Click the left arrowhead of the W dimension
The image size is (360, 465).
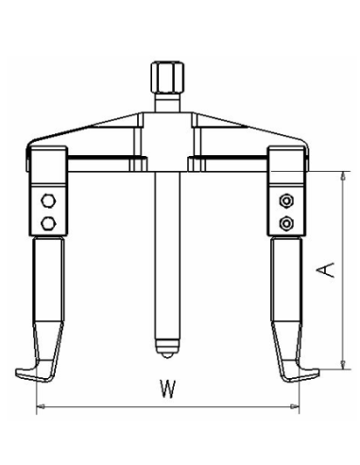(40, 408)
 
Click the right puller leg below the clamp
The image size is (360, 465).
(284, 293)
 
